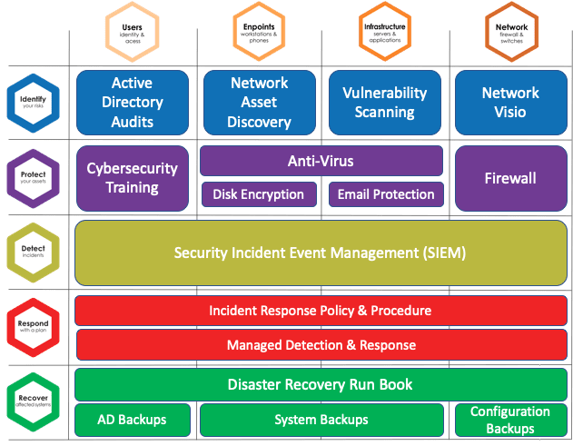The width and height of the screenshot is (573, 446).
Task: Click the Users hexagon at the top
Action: click(132, 33)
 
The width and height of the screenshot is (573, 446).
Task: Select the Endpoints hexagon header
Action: click(259, 33)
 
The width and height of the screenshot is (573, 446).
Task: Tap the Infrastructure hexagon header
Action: click(384, 33)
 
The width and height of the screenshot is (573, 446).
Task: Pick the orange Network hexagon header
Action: click(511, 33)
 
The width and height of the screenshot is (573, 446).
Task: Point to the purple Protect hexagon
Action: click(33, 172)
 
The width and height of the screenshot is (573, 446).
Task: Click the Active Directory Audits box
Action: click(132, 102)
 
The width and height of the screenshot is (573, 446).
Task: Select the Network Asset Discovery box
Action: click(259, 102)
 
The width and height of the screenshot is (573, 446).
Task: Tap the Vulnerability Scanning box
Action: click(384, 102)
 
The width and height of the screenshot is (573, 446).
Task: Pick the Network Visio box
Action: click(510, 102)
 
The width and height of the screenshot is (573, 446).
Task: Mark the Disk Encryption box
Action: click(259, 194)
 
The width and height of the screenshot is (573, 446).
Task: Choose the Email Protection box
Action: click(386, 194)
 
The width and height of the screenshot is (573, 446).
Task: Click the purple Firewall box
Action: click(510, 178)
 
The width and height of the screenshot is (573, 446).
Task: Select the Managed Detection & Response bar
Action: click(321, 345)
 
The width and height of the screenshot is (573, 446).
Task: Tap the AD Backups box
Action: click(132, 420)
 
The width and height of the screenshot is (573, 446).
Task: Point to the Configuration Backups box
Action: click(510, 420)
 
